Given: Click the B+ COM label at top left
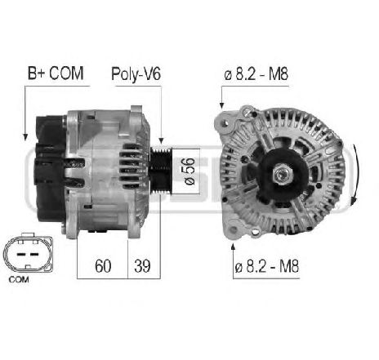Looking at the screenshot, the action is (x=56, y=73).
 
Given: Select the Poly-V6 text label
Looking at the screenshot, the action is (x=136, y=74).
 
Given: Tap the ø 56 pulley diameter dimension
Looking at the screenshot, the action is (x=189, y=171).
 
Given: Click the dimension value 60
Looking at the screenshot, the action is (x=103, y=266).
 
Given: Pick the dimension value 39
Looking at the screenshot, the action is (x=142, y=266).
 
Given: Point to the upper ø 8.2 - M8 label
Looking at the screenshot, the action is (x=256, y=74).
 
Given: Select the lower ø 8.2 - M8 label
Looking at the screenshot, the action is (x=267, y=266).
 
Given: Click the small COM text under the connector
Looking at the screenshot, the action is (x=19, y=279).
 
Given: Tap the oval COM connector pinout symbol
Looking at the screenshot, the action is (x=28, y=252).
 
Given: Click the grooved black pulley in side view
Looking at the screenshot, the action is (x=161, y=171).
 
